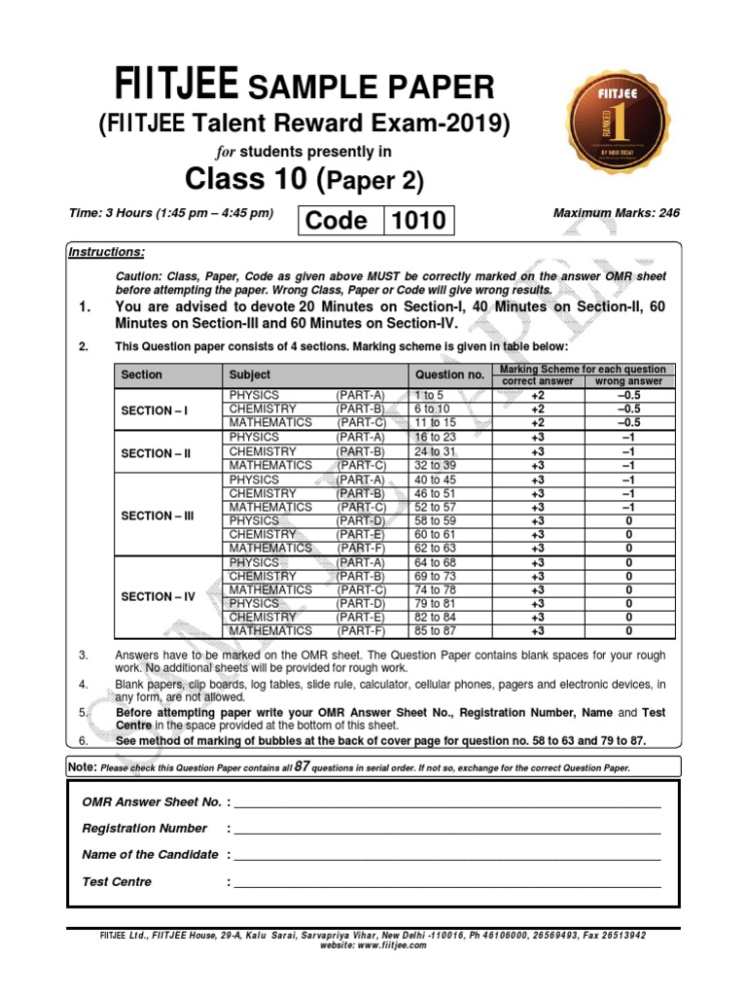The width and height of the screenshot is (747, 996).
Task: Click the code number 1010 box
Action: click(x=417, y=221)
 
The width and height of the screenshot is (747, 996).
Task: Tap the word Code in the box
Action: click(x=337, y=221)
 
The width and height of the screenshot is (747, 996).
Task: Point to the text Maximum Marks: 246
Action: click(x=616, y=213)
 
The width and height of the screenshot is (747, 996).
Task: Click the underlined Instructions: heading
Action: click(x=106, y=253)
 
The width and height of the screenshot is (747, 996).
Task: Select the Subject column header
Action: click(x=250, y=374)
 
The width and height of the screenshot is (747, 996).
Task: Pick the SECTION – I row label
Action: click(x=154, y=410)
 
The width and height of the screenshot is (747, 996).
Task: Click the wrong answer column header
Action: click(x=628, y=381)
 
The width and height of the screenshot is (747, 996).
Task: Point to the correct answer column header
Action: click(x=537, y=381)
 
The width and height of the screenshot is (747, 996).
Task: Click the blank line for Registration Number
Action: click(x=447, y=833)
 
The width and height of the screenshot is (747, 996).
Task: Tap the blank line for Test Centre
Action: click(x=447, y=886)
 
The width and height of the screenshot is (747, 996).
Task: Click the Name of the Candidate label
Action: click(x=150, y=855)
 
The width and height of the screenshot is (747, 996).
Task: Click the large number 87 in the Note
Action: click(x=302, y=766)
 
